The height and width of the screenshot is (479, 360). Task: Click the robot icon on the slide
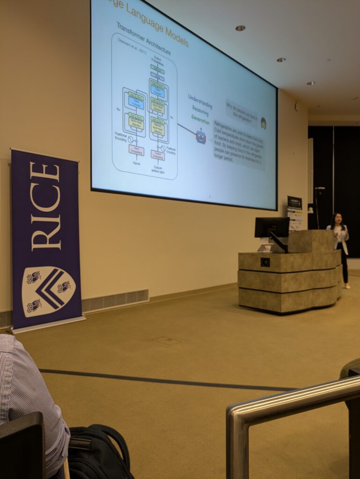point(200,137)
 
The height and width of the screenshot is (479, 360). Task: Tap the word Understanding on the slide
point(200,102)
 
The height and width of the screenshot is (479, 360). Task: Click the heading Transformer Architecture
point(143,39)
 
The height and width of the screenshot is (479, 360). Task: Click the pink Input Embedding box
point(136,150)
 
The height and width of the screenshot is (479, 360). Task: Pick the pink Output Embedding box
point(158,155)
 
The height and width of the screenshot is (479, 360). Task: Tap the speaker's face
point(338,218)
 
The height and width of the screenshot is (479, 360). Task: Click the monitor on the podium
point(272,227)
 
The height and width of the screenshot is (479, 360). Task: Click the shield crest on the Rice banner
point(48,290)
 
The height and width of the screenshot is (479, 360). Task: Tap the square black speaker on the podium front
point(265,262)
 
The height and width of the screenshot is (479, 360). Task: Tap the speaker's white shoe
point(346,286)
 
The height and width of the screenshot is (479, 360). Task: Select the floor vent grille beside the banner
point(115,300)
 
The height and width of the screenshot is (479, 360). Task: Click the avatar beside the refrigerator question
point(263,123)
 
